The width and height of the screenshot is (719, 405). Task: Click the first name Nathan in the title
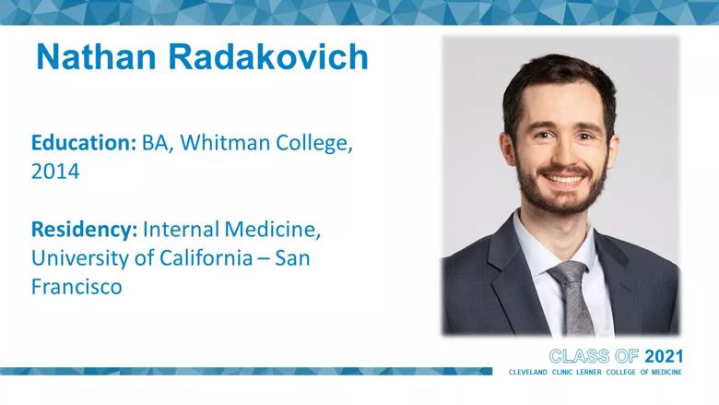pyautogui.click(x=96, y=57)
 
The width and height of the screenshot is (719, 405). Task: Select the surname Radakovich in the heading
pyautogui.click(x=268, y=57)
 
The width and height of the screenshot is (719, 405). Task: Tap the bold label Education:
pyautogui.click(x=84, y=143)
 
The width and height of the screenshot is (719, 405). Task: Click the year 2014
pyautogui.click(x=55, y=172)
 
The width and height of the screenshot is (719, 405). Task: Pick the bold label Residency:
pyautogui.click(x=85, y=230)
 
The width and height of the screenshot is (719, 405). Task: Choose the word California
pyautogui.click(x=206, y=257)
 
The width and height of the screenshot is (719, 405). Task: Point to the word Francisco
pyautogui.click(x=77, y=287)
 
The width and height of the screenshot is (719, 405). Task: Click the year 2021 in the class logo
pyautogui.click(x=664, y=356)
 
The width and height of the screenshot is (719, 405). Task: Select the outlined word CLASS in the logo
pyautogui.click(x=580, y=356)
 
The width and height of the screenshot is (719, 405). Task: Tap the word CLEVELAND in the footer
pyautogui.click(x=528, y=372)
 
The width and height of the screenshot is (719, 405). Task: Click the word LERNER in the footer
pyautogui.click(x=588, y=372)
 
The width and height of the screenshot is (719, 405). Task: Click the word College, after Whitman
pyautogui.click(x=314, y=143)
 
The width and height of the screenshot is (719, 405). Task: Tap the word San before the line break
pyautogui.click(x=292, y=257)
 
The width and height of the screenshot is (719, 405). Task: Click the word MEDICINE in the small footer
pyautogui.click(x=666, y=372)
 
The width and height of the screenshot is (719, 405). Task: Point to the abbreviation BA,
pyautogui.click(x=158, y=143)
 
